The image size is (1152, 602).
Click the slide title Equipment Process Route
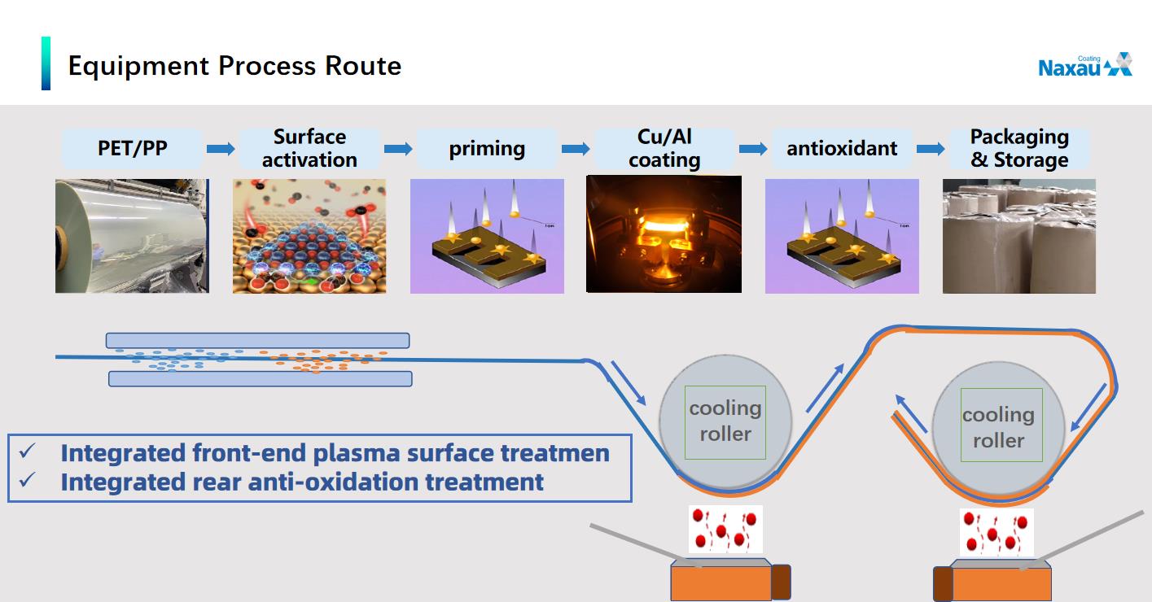tap(234, 65)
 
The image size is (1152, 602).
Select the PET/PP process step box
tap(132, 149)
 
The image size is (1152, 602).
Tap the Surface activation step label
tap(309, 148)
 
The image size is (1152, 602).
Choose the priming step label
tap(487, 149)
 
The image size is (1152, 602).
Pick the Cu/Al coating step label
tap(664, 148)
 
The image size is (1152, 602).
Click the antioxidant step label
tap(842, 149)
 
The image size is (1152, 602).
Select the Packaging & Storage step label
tap(1019, 148)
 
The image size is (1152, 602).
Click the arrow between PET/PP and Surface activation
tap(221, 149)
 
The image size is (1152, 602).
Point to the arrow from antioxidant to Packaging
tap(931, 149)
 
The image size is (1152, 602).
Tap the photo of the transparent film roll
tap(132, 236)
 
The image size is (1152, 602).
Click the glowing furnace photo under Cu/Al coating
tap(664, 234)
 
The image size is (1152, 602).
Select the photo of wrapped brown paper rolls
tap(1018, 236)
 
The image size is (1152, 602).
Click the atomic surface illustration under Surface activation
tap(309, 236)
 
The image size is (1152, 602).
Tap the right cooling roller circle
tap(998, 427)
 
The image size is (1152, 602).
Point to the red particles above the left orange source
tap(725, 529)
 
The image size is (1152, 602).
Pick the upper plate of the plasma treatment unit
tap(257, 340)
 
